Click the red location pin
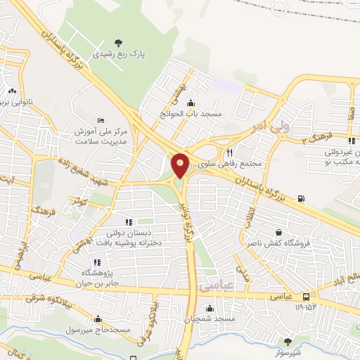coord(180,165)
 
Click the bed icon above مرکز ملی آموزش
coord(101,120)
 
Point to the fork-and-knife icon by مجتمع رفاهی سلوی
coord(229,152)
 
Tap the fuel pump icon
coord(302,199)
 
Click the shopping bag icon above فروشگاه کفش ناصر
coord(279,232)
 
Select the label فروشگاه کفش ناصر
coord(285,243)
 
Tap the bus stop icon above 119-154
coord(306,298)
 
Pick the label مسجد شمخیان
coord(210,319)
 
